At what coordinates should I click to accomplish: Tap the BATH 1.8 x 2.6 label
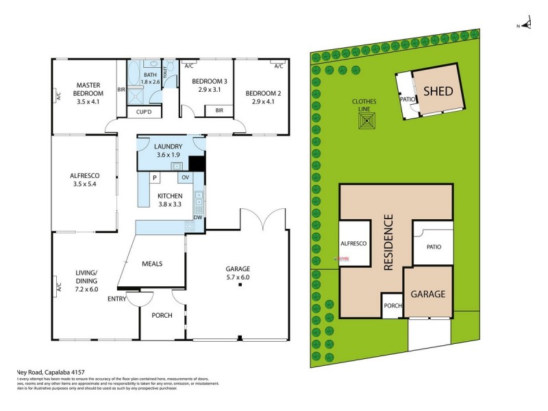(x=150, y=78)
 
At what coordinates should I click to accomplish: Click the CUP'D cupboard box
(x=145, y=112)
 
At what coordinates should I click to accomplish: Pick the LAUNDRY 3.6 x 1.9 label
(x=168, y=151)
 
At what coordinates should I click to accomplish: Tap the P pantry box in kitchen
(x=155, y=177)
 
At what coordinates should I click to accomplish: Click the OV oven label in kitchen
(x=184, y=177)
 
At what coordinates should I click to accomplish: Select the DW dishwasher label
(x=197, y=217)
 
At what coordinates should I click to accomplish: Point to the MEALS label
(x=152, y=263)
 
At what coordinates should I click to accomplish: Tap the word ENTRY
(x=116, y=298)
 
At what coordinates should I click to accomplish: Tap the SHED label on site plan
(x=438, y=90)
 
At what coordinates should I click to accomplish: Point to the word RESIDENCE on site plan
(x=388, y=243)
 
